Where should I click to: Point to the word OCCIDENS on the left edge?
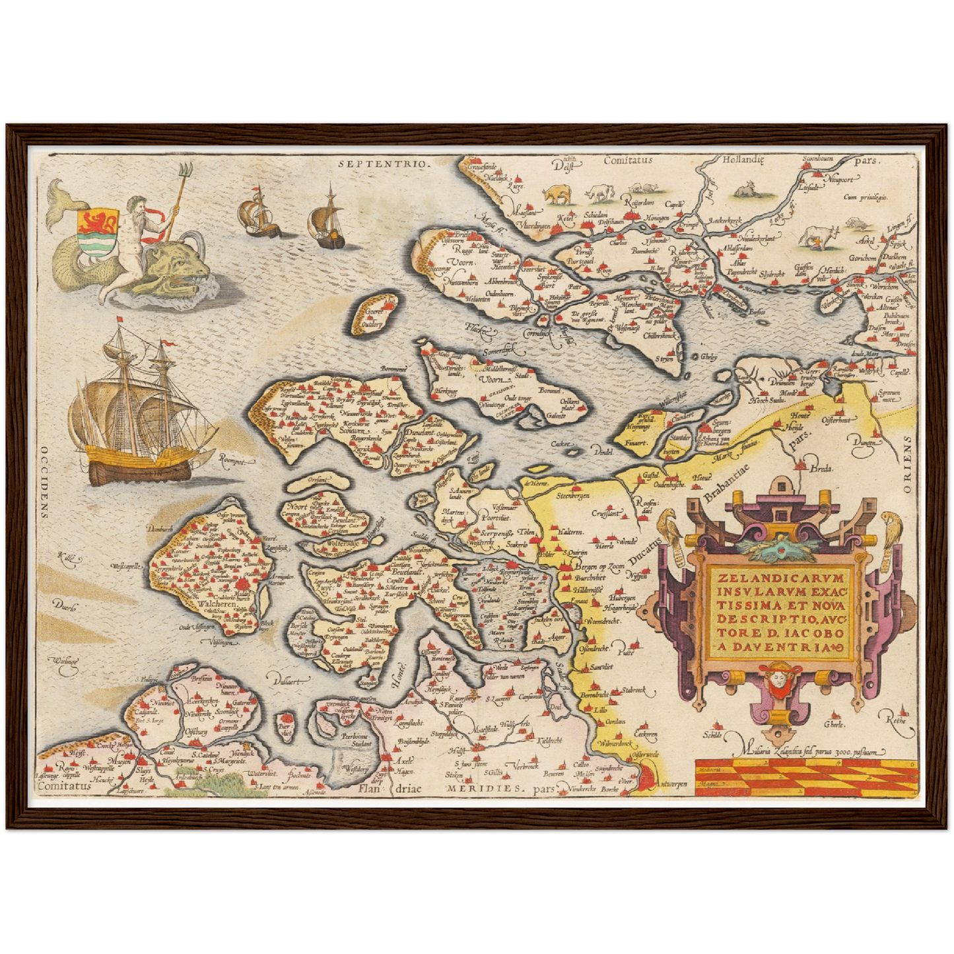pos(44,476)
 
